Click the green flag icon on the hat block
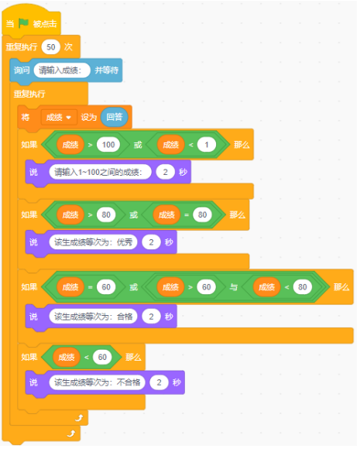point(23,23)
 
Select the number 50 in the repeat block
point(50,47)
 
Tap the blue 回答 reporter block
point(115,117)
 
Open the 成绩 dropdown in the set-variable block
point(59,117)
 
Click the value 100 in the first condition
point(108,145)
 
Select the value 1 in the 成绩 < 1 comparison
point(207,145)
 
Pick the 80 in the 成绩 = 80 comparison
point(202,214)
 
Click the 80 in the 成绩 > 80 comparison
point(106,214)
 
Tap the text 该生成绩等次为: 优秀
point(94,242)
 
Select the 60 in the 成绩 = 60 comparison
point(106,287)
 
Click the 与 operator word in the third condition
point(234,287)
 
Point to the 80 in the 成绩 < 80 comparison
point(303,287)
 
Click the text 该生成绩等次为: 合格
point(94,317)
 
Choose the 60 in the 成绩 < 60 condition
point(102,357)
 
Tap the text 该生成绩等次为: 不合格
point(97,382)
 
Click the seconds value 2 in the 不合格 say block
point(159,382)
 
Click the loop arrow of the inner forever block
point(79,418)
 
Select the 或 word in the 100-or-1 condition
point(138,145)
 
